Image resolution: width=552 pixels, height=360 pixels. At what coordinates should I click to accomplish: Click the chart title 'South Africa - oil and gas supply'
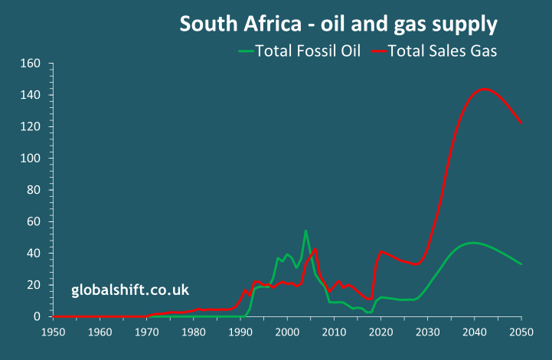click(338, 24)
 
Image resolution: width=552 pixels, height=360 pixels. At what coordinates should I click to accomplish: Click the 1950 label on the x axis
click(53, 332)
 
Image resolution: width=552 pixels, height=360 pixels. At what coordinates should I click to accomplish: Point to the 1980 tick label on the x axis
click(193, 332)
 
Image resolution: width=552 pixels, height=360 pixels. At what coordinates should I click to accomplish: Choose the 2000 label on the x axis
click(286, 332)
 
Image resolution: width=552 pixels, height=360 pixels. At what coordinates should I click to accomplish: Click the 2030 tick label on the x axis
click(427, 332)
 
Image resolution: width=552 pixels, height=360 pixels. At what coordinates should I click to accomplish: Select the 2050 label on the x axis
click(521, 332)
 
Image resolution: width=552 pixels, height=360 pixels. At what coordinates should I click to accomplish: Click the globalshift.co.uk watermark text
click(130, 290)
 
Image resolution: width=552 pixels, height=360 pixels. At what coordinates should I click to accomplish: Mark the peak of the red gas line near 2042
click(483, 89)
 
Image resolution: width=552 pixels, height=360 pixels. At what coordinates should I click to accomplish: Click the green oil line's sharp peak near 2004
click(305, 231)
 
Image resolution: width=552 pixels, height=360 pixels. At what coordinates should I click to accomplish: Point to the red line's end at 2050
click(521, 123)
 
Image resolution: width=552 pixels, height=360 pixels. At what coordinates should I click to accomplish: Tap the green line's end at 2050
click(521, 263)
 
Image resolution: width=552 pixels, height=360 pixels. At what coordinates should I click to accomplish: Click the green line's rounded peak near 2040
click(474, 243)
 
